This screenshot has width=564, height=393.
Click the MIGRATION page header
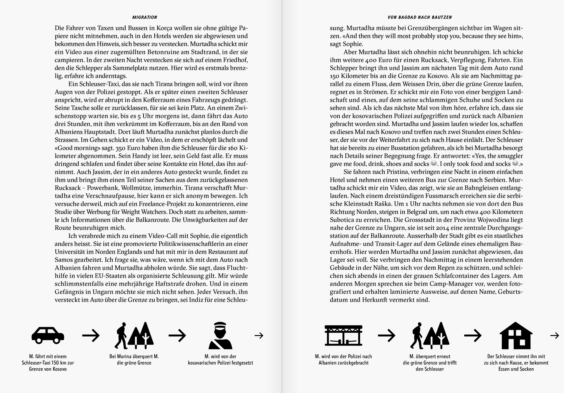tap(145, 17)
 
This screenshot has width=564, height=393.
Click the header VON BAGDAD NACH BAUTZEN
tap(420, 17)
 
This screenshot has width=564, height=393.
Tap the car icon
tap(48, 335)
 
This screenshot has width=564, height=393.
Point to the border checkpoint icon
tap(343, 336)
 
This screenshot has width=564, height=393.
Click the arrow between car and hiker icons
tap(91, 335)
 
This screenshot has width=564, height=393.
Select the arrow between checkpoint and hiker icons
tap(386, 335)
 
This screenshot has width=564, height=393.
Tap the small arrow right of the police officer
tap(259, 335)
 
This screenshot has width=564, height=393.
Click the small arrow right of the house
tap(555, 335)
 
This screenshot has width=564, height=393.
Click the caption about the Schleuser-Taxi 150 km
tap(48, 363)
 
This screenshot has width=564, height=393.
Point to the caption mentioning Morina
tap(134, 360)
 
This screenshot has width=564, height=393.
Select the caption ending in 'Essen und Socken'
tap(516, 363)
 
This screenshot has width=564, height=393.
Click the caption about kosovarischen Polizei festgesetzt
tap(220, 360)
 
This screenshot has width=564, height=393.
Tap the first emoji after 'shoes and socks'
tap(434, 164)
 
